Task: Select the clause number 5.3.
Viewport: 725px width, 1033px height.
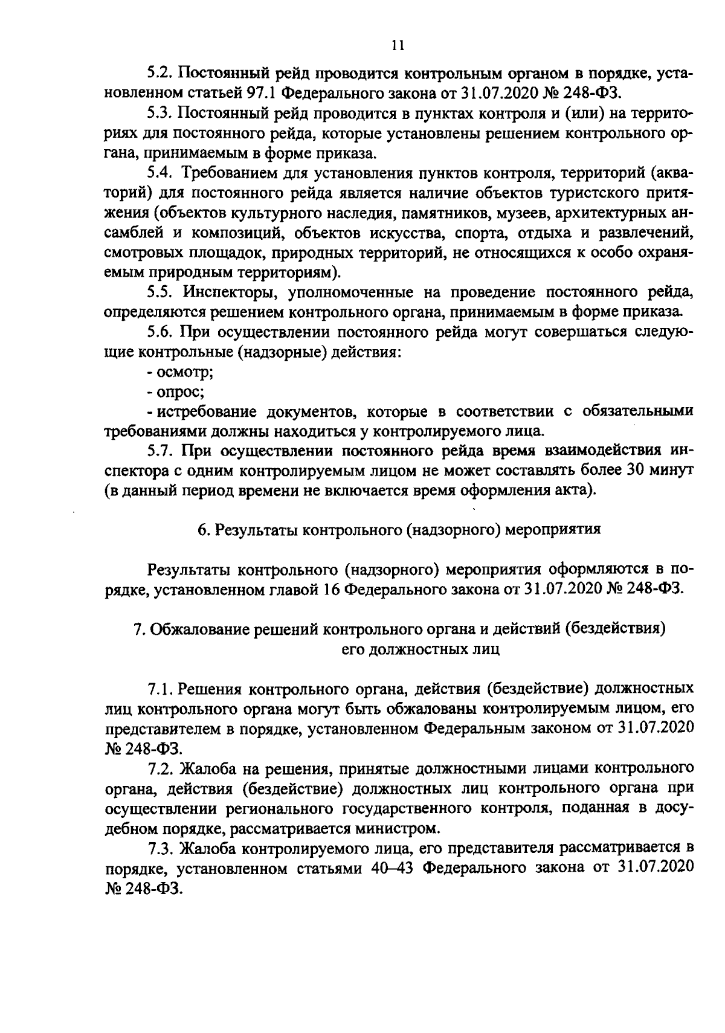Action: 160,114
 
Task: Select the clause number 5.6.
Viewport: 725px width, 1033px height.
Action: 160,332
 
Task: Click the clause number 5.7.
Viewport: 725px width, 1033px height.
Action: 160,451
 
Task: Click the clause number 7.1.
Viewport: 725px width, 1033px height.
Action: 160,688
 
